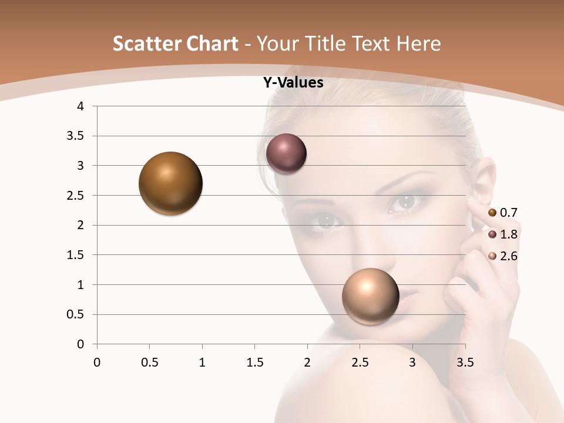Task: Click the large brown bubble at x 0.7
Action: (170, 183)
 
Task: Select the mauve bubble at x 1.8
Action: (286, 153)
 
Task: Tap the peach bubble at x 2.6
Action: (370, 296)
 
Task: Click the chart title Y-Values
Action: (293, 83)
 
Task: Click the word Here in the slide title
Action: (418, 43)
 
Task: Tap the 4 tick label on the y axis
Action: (80, 106)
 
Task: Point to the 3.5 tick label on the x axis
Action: (465, 362)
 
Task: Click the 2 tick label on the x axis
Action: (307, 362)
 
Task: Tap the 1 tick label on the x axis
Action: (202, 362)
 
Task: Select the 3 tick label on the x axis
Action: (412, 362)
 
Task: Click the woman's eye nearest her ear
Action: (405, 202)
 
